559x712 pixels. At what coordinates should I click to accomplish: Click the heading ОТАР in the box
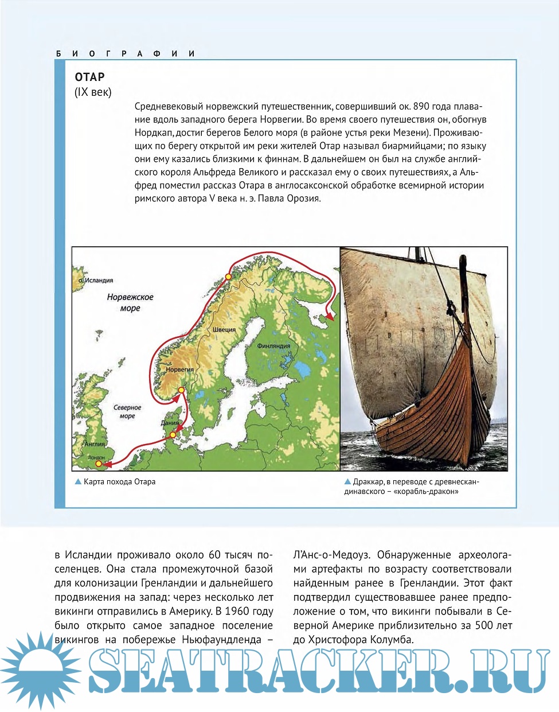pos(89,77)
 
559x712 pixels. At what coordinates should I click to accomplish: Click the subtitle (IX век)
pos(93,92)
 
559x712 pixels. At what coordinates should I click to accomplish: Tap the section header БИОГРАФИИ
pos(126,53)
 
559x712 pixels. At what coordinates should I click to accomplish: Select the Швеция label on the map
pos(224,330)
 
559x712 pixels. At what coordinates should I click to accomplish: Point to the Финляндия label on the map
pos(273,346)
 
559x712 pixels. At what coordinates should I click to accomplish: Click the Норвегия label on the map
pos(179,369)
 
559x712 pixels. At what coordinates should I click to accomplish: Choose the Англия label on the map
pos(95,444)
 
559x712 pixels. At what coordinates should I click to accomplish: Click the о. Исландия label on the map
pos(96,281)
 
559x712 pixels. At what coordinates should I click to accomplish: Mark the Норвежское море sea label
pos(130,302)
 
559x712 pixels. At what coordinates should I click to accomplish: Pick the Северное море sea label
pos(127,411)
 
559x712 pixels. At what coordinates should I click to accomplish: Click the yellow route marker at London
pos(99,463)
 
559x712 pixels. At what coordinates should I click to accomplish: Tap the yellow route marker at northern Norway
pos(228,277)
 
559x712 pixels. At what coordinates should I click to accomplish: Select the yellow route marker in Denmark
pos(173,435)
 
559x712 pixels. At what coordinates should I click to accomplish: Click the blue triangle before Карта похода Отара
pos(78,482)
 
